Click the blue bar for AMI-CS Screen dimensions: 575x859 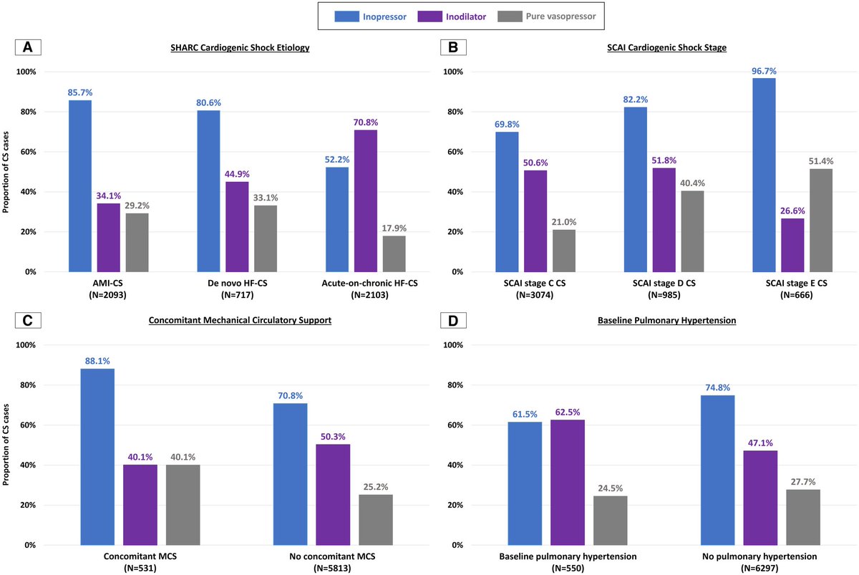click(x=80, y=186)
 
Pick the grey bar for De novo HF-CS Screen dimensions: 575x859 click(x=266, y=238)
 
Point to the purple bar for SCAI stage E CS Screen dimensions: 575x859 click(x=792, y=245)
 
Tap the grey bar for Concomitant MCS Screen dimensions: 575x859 click(x=183, y=505)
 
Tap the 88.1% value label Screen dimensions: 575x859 click(x=97, y=361)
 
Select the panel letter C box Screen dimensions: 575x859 click(x=27, y=320)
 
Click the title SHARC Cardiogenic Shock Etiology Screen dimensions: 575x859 click(x=214, y=47)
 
